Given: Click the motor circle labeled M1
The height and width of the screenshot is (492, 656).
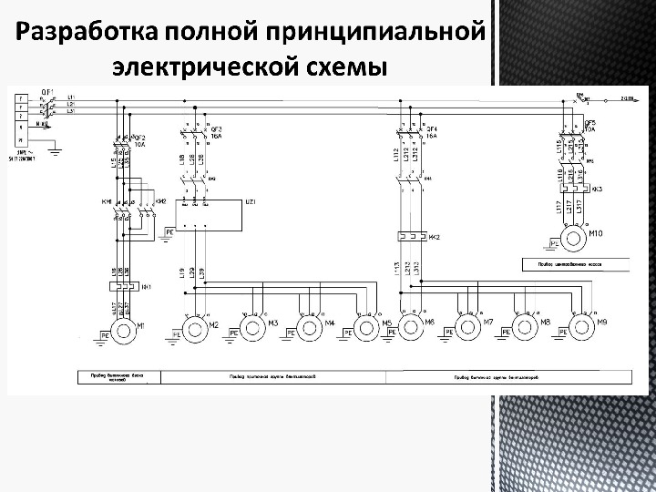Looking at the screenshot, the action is [122, 327].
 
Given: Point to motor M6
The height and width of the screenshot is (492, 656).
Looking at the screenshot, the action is [412, 326].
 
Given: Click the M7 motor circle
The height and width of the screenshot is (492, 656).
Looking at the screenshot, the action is [467, 326].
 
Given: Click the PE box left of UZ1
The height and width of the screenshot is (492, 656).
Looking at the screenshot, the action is [169, 232].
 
